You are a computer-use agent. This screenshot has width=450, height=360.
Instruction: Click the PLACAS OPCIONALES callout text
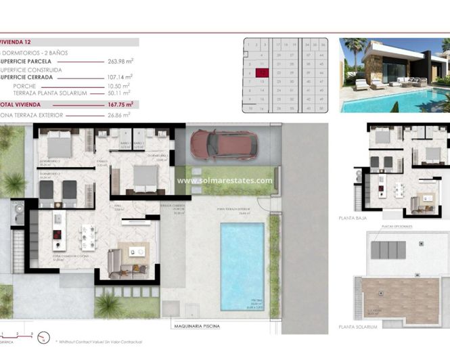click(x=397, y=227)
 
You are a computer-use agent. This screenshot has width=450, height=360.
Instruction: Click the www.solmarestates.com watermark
click(x=225, y=181)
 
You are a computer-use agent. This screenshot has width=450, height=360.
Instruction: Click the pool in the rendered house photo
click(x=392, y=102)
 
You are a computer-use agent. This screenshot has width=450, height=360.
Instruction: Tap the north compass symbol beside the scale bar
click(x=45, y=336)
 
